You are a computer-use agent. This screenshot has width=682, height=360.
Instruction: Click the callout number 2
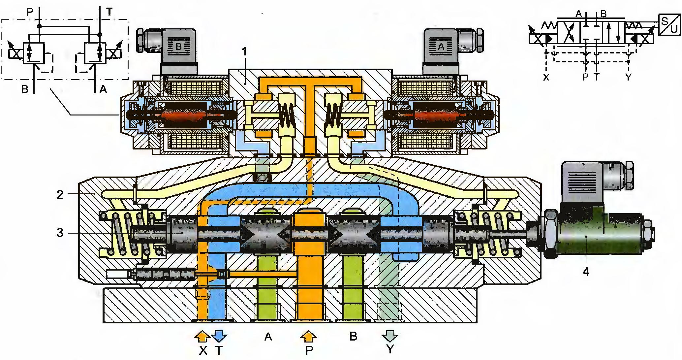click(60, 195)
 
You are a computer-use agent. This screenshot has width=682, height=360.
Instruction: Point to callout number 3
click(60, 233)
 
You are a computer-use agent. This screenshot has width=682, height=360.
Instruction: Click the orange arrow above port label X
click(202, 336)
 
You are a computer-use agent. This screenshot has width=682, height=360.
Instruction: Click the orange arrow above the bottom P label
click(309, 336)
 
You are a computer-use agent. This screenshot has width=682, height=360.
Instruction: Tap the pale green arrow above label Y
click(390, 336)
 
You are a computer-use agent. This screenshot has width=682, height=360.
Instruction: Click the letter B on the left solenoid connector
click(178, 46)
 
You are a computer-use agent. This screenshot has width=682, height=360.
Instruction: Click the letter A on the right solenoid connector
click(441, 47)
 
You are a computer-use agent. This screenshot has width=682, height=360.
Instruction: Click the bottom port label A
click(268, 337)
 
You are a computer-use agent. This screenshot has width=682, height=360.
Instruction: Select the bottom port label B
click(353, 337)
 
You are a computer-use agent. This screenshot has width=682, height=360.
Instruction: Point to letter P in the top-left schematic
click(30, 12)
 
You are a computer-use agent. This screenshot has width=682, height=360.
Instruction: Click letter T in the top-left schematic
click(109, 12)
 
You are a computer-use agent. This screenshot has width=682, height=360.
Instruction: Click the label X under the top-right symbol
click(546, 77)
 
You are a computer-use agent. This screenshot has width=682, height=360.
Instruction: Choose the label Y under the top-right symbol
click(628, 77)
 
